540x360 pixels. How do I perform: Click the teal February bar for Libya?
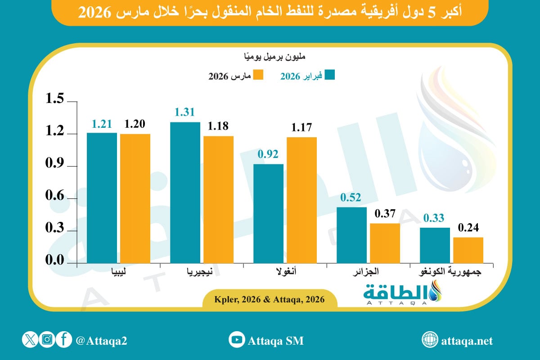(x=102, y=198)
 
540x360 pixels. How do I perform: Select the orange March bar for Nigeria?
(x=218, y=199)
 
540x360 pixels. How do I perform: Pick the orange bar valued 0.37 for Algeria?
(x=385, y=243)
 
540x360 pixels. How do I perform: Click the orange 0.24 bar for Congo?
(x=468, y=250)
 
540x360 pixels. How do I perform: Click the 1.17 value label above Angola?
(x=301, y=128)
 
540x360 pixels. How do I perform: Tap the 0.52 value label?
(x=351, y=198)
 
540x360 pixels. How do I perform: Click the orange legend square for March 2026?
(x=258, y=75)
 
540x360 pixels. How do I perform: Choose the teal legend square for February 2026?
(x=330, y=75)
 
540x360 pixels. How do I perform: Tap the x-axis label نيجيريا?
(x=201, y=272)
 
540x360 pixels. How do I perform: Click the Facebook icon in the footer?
(x=64, y=340)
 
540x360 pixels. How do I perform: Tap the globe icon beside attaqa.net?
(x=430, y=340)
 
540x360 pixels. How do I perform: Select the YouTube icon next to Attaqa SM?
(x=237, y=340)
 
